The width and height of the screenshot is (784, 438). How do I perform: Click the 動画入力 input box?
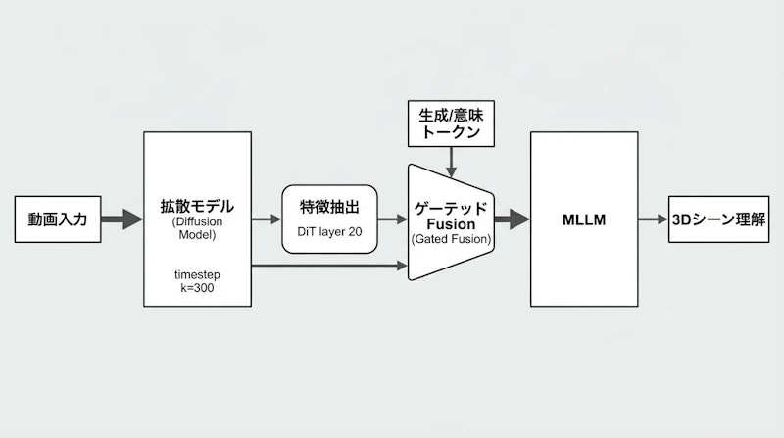(58, 219)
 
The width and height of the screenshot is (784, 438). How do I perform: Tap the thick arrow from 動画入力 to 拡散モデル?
(122, 219)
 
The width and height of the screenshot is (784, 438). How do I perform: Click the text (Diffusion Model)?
(198, 228)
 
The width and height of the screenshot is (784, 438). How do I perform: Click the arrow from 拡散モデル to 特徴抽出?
(267, 219)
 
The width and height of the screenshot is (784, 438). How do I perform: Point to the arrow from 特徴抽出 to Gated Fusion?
(392, 219)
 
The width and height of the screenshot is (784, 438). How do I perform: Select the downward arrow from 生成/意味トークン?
(450, 155)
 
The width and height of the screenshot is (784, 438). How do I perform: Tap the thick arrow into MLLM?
(512, 219)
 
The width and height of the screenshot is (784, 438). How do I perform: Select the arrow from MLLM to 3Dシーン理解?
(652, 219)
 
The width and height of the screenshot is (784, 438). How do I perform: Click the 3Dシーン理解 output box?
(718, 219)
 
